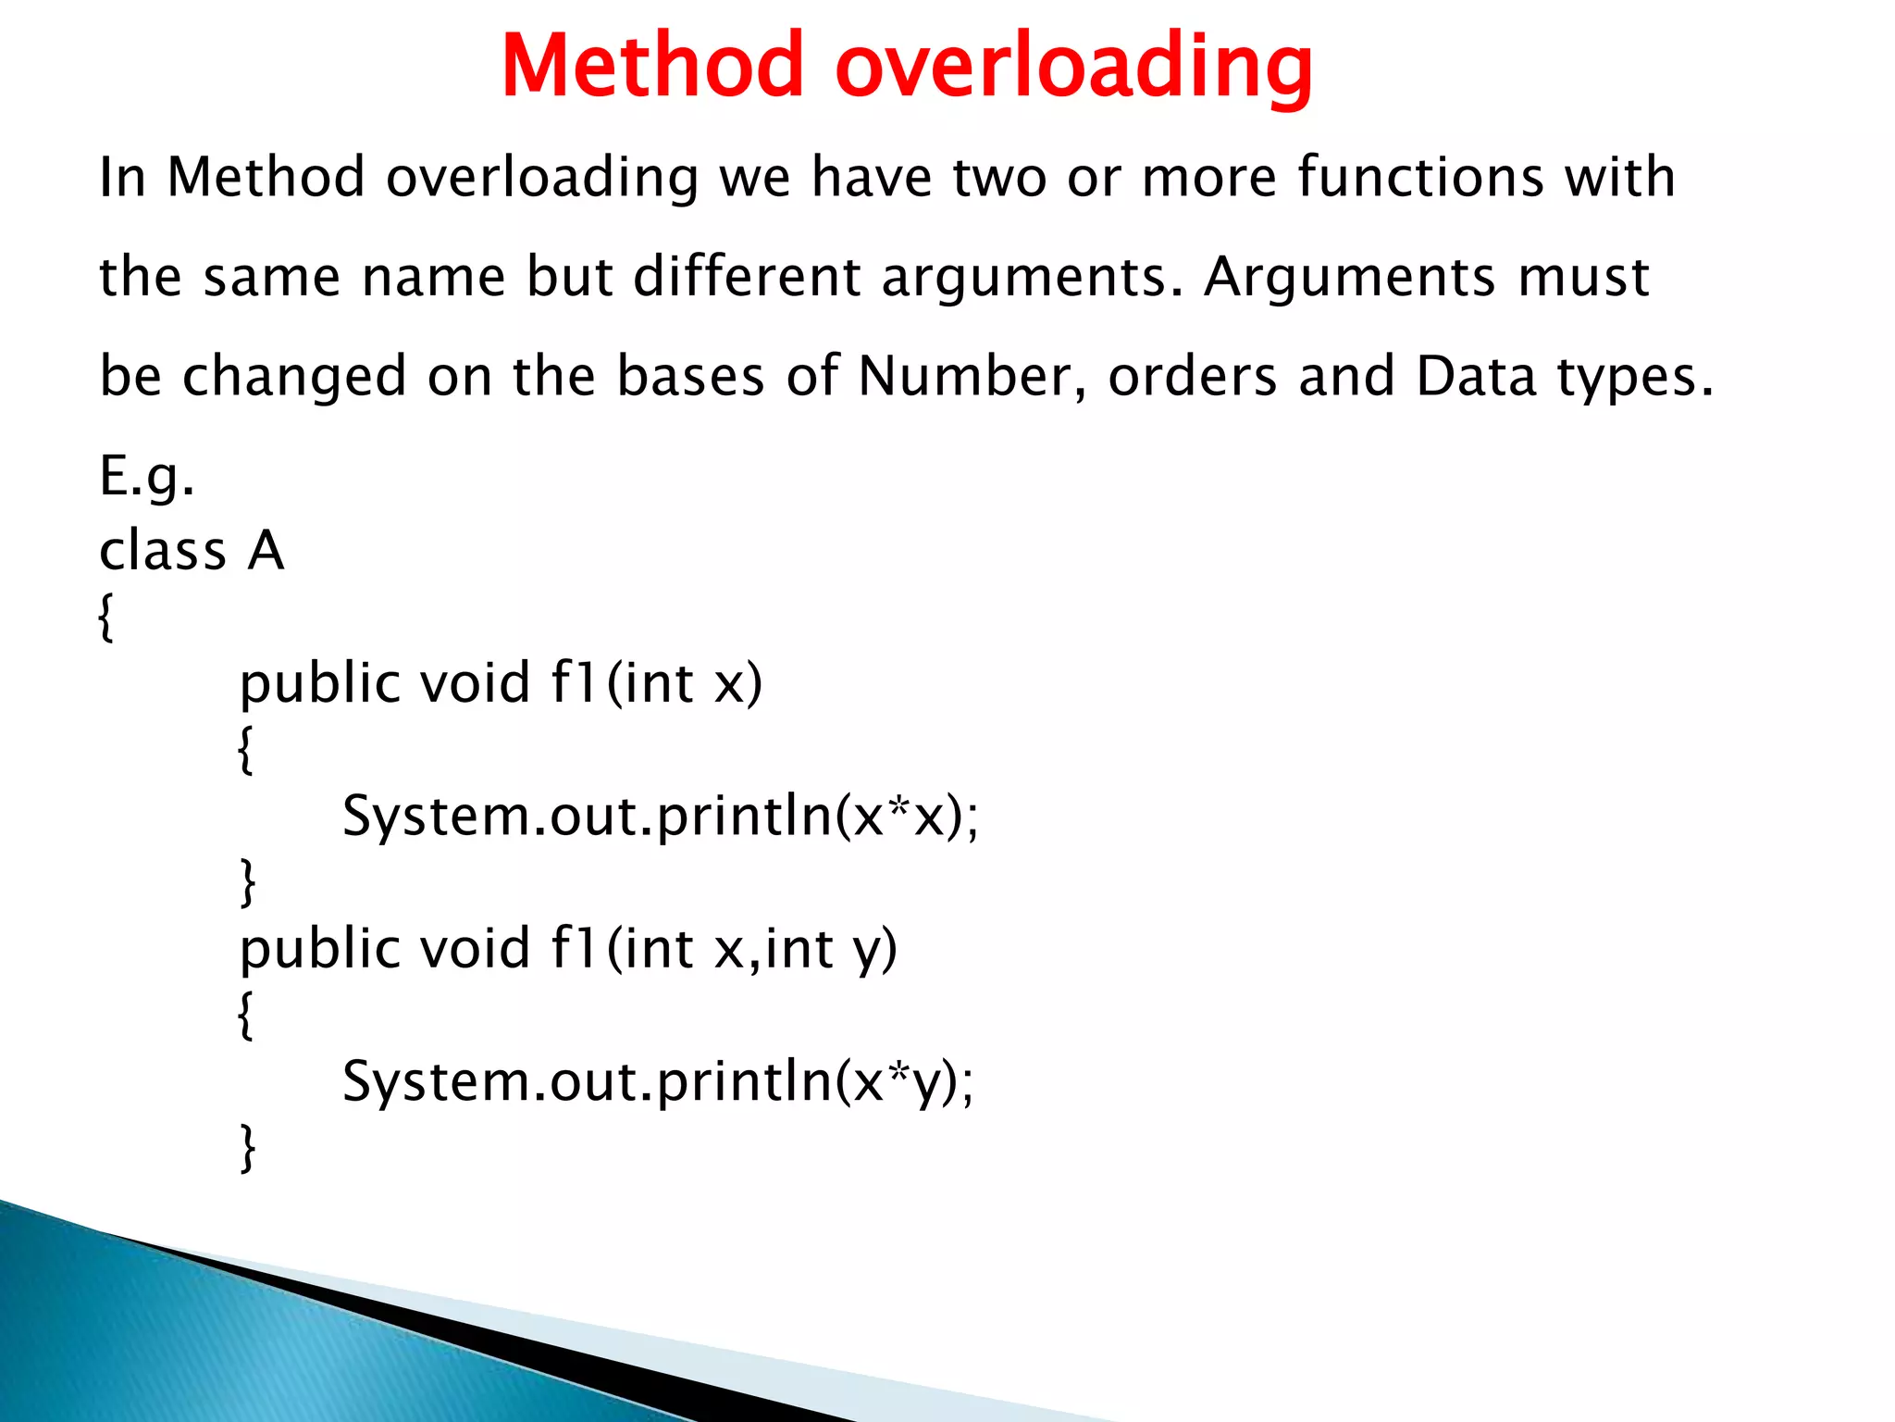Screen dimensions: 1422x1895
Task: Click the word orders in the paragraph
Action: (x=1193, y=376)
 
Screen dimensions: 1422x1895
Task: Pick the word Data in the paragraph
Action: (x=1476, y=376)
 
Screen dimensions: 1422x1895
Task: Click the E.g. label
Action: (x=147, y=479)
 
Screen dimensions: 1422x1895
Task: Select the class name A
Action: (x=266, y=551)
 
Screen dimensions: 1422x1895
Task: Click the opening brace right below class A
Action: (x=105, y=617)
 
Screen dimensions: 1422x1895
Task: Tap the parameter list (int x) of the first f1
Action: (x=685, y=684)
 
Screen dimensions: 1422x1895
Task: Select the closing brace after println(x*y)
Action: (x=247, y=1148)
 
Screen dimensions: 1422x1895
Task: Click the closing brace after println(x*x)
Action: (x=247, y=882)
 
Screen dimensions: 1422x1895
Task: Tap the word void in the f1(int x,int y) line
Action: (x=475, y=949)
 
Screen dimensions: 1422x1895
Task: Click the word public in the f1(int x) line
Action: (x=320, y=684)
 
